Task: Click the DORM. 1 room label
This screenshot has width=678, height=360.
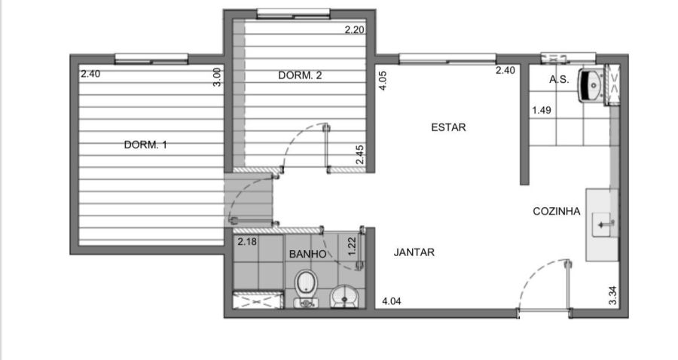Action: pyautogui.click(x=145, y=145)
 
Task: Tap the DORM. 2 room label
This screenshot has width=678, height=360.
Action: pyautogui.click(x=300, y=75)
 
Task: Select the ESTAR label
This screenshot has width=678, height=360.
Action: pyautogui.click(x=448, y=127)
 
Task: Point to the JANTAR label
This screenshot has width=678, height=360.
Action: pyautogui.click(x=414, y=252)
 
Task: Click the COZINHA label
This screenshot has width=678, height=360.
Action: pyautogui.click(x=557, y=212)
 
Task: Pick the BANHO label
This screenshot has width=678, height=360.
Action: pyautogui.click(x=307, y=254)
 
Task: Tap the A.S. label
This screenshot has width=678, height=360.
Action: pyautogui.click(x=559, y=80)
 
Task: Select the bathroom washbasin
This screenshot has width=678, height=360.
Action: pyautogui.click(x=344, y=297)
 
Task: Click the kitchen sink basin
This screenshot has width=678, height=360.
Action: pyautogui.click(x=601, y=224)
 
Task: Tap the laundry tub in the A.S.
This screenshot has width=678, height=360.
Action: pyautogui.click(x=591, y=85)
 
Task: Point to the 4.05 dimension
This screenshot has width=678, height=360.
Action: pyautogui.click(x=383, y=81)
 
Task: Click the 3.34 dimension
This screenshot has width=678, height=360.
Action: pyautogui.click(x=612, y=295)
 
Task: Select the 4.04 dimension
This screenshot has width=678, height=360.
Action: pyautogui.click(x=391, y=301)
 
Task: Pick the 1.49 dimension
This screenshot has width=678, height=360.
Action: pyautogui.click(x=542, y=110)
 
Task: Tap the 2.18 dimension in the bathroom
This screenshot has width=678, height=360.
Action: pyautogui.click(x=247, y=242)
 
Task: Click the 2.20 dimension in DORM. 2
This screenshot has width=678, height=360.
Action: pyautogui.click(x=354, y=30)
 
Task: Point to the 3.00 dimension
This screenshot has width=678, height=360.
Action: pyautogui.click(x=217, y=77)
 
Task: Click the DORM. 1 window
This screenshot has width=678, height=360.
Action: pyautogui.click(x=151, y=59)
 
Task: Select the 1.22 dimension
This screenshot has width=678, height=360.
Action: pyautogui.click(x=352, y=246)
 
